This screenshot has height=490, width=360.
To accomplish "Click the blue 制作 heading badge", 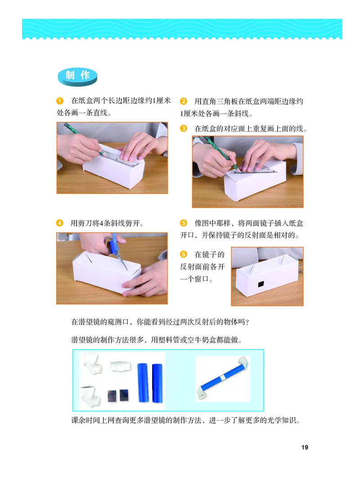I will (x=78, y=76).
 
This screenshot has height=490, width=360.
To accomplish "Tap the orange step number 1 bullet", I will (x=59, y=101).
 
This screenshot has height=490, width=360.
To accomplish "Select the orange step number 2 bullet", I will (x=183, y=101).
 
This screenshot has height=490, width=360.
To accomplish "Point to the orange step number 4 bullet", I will (x=59, y=223).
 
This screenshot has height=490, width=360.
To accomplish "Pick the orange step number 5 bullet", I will (x=183, y=223).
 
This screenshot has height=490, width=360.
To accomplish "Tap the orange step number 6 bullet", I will (x=183, y=255).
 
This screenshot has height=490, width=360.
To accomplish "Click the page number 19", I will (x=305, y=447).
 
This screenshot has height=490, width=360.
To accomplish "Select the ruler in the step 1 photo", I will (x=119, y=155).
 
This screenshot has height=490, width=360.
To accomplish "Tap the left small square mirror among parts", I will (x=112, y=395).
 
